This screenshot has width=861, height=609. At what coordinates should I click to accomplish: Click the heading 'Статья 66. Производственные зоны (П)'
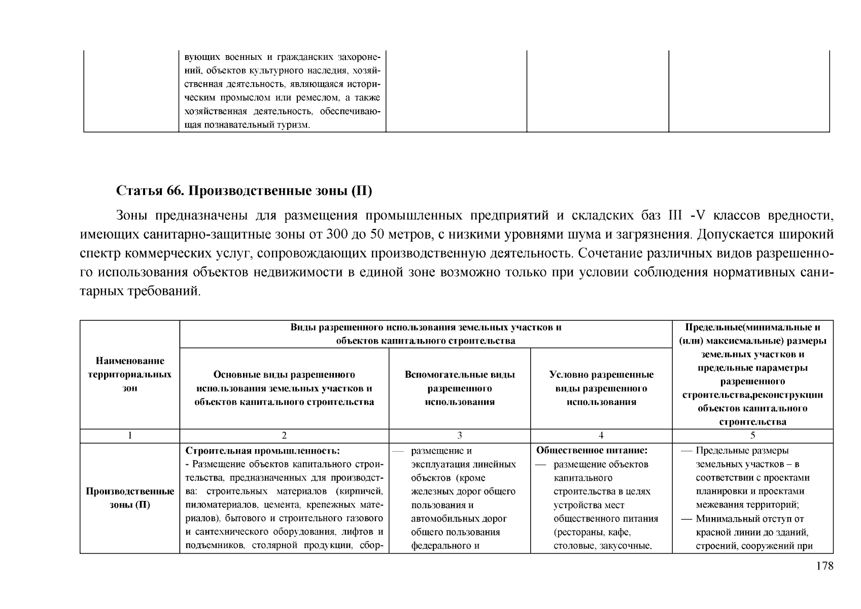coord(244,191)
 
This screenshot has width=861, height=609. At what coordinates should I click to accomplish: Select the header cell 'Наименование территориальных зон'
coord(130,375)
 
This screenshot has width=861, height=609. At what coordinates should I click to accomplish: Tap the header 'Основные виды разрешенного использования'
coord(284,388)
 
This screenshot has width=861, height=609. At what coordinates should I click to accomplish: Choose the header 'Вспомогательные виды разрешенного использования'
coord(460,388)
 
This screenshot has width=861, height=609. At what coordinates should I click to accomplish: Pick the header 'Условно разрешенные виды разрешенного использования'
coord(601,388)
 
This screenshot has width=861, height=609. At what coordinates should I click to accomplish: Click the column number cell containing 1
coord(130,435)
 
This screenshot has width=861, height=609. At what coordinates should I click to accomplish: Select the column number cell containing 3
coord(460,435)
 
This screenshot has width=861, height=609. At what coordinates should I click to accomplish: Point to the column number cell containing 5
coord(753,435)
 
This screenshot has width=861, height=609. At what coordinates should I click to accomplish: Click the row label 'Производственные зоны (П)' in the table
coord(130,498)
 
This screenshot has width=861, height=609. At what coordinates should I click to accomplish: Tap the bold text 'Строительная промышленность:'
coord(262,451)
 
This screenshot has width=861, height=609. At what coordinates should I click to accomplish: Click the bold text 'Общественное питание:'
coord(592,451)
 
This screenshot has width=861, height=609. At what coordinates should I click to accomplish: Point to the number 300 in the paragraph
coord(337,234)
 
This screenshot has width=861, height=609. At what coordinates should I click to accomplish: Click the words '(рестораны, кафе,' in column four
coord(592,532)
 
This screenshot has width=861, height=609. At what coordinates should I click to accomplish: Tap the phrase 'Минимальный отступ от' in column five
coord(750,519)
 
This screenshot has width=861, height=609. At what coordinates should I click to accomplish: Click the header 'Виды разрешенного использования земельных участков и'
coord(426,327)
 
